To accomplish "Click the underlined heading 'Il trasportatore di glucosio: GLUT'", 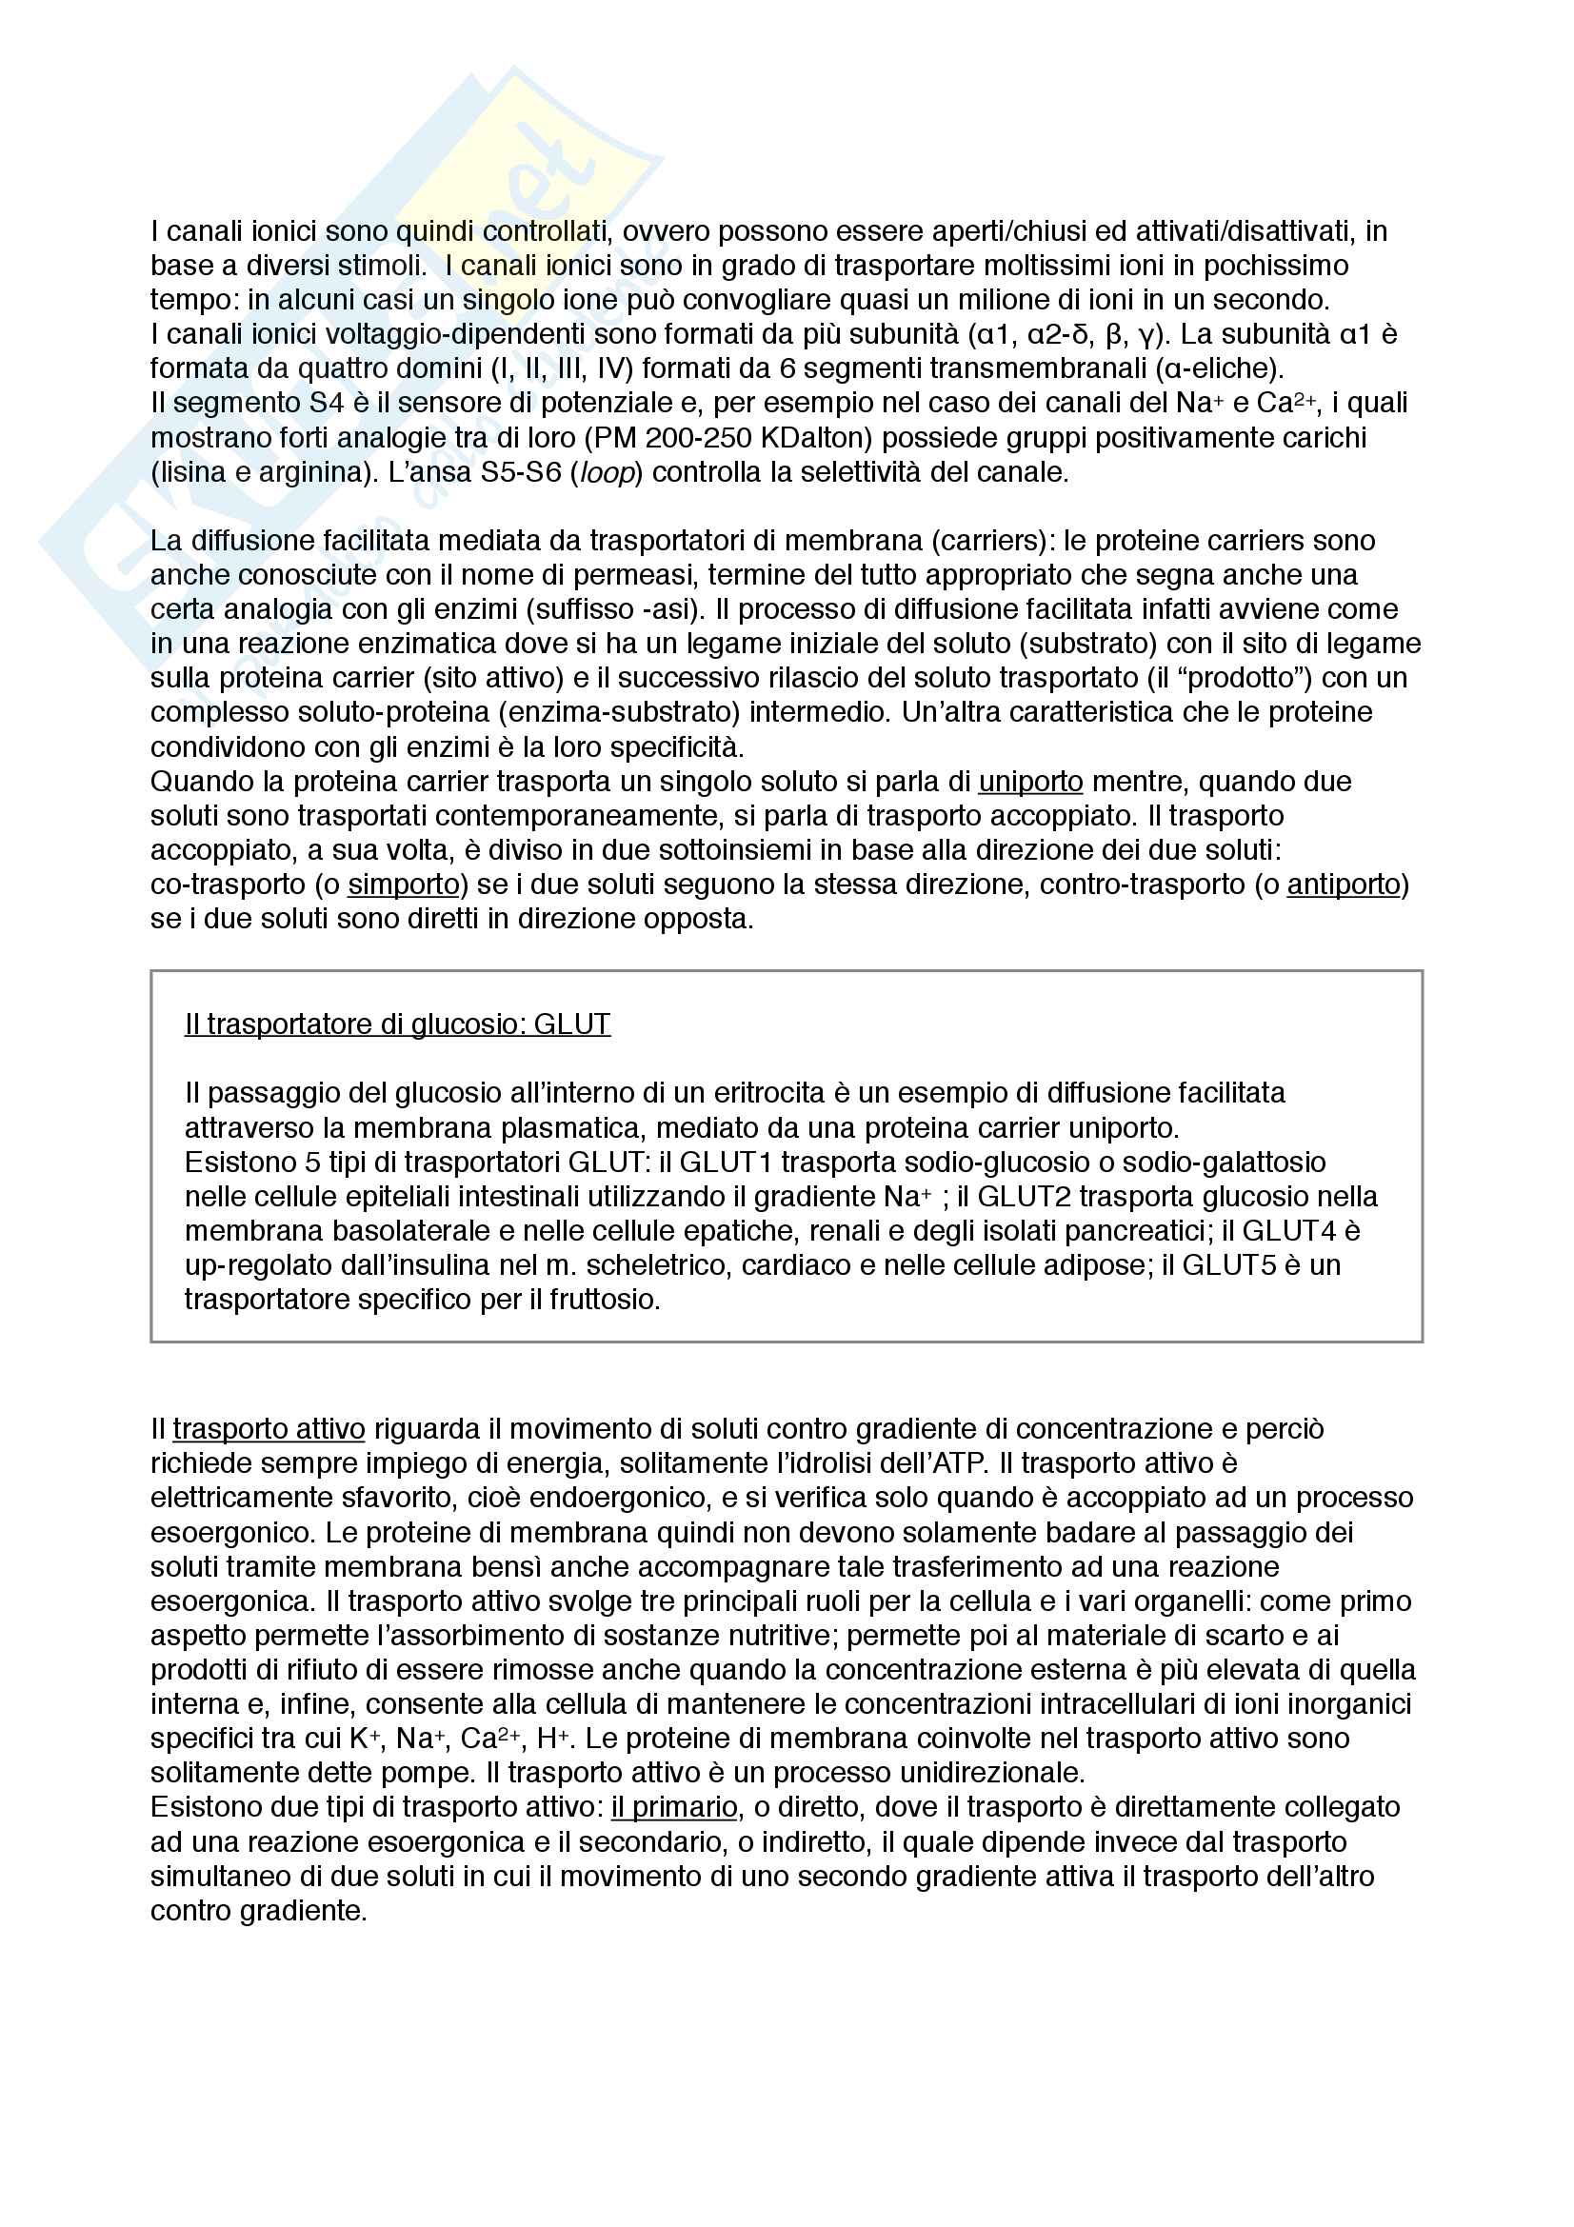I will pos(398,1024).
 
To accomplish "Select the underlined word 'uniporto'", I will pos(1030,782).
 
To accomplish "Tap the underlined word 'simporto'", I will pos(404,885).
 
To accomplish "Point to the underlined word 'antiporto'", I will pos(1344,885).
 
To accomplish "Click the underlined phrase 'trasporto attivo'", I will pos(269,1429).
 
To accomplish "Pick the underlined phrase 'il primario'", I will pos(674,1807).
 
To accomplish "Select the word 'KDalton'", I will pos(817,438).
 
